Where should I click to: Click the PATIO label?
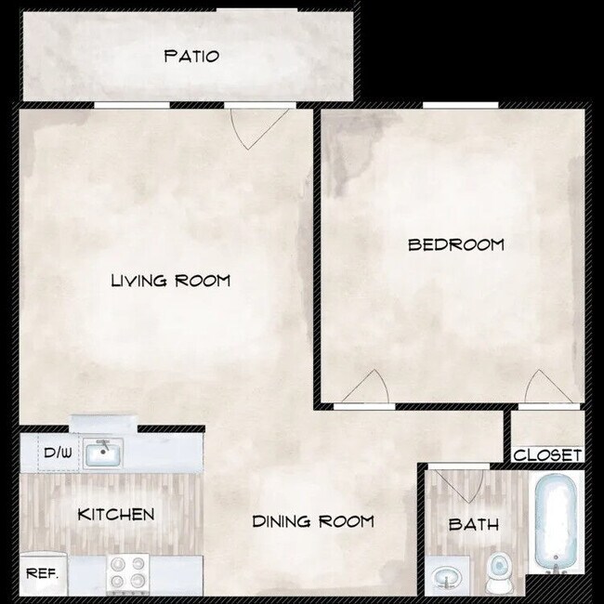pos(191,56)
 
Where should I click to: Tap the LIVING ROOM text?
pos(170,280)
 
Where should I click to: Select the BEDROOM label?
pos(456,245)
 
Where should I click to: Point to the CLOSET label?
pos(547,455)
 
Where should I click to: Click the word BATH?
pos(473,525)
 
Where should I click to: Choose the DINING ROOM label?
pos(313,521)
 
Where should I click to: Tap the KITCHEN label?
pos(115,514)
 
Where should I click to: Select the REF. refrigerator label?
pos(42,574)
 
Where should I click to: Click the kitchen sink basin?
pos(104,455)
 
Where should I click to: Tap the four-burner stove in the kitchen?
pos(129,572)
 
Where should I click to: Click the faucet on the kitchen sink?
pos(104,444)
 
